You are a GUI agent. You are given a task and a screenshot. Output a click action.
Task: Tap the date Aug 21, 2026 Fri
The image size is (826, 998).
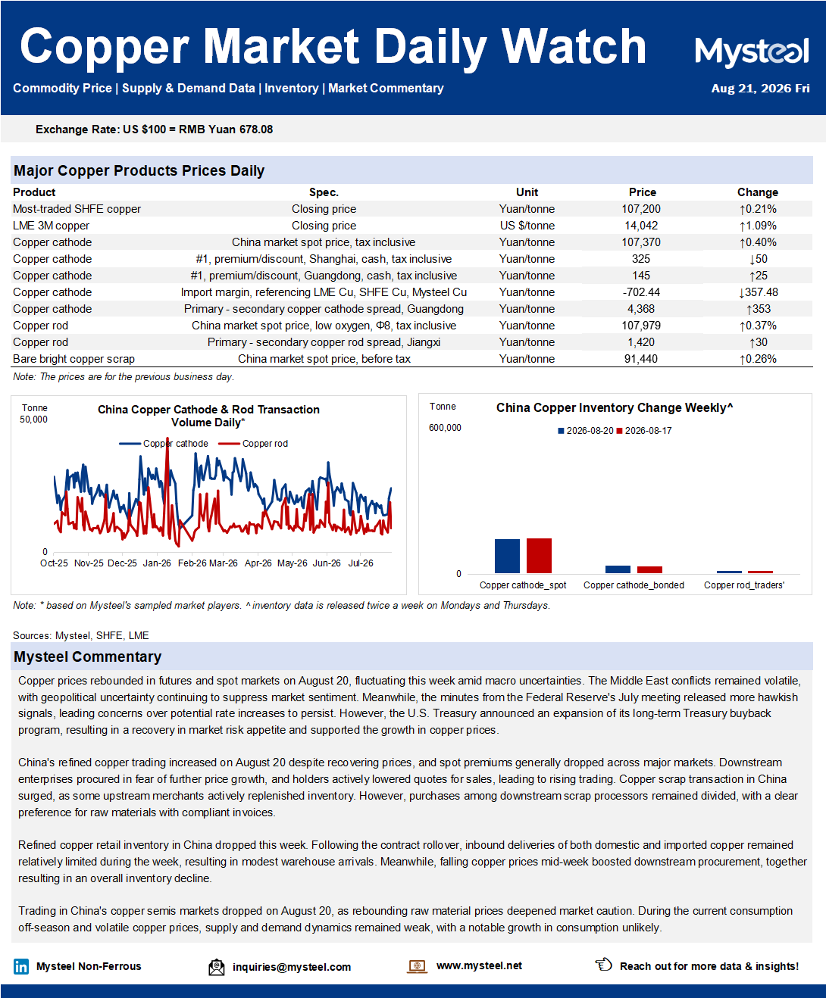tap(760, 89)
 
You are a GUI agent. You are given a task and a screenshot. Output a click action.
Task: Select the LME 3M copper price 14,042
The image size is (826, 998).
tap(641, 226)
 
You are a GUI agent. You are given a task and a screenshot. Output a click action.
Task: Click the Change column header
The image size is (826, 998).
tap(757, 192)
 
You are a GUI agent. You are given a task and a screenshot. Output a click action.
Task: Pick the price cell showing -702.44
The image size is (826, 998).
tap(641, 292)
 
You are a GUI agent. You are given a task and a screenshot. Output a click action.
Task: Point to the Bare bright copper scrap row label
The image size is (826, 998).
tap(74, 359)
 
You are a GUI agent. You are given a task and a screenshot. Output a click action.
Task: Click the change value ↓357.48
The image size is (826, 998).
tap(758, 292)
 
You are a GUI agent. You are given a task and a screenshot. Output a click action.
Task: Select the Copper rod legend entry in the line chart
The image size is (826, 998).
tap(253, 444)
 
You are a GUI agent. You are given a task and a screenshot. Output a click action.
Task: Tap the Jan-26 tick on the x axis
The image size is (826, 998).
tap(157, 563)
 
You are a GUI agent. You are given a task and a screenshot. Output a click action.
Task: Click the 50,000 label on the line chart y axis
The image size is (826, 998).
tap(33, 419)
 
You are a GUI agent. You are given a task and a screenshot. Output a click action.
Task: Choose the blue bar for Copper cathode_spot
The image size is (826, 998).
tap(507, 556)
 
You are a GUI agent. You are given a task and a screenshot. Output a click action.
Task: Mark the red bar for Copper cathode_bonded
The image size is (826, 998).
tap(649, 569)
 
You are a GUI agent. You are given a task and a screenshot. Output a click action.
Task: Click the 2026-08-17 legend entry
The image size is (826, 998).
tap(644, 431)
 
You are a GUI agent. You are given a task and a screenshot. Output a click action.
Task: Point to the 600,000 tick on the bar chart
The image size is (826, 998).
tap(445, 428)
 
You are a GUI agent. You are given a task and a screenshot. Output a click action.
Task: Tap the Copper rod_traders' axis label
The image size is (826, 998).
tap(743, 585)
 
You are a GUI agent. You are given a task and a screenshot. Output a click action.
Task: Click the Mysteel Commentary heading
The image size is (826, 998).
tap(88, 656)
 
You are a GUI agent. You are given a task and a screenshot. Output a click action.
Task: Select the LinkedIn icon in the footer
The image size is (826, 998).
tap(21, 966)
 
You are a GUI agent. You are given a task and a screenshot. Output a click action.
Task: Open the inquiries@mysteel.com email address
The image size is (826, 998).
tap(292, 967)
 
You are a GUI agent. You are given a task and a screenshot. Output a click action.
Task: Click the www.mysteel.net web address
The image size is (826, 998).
tap(479, 965)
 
